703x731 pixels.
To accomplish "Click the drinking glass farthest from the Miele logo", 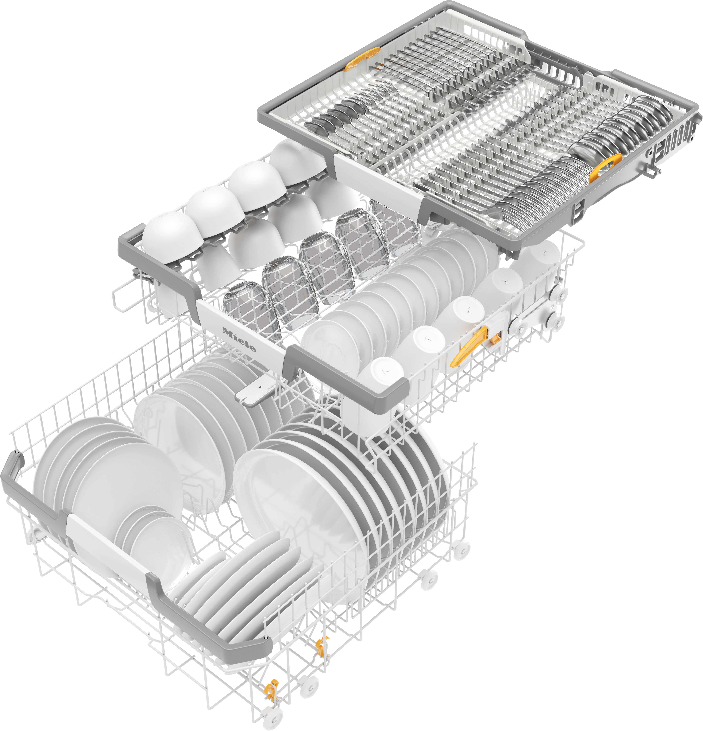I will [x=392, y=220].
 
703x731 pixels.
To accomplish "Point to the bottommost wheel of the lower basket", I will [x=272, y=718].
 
